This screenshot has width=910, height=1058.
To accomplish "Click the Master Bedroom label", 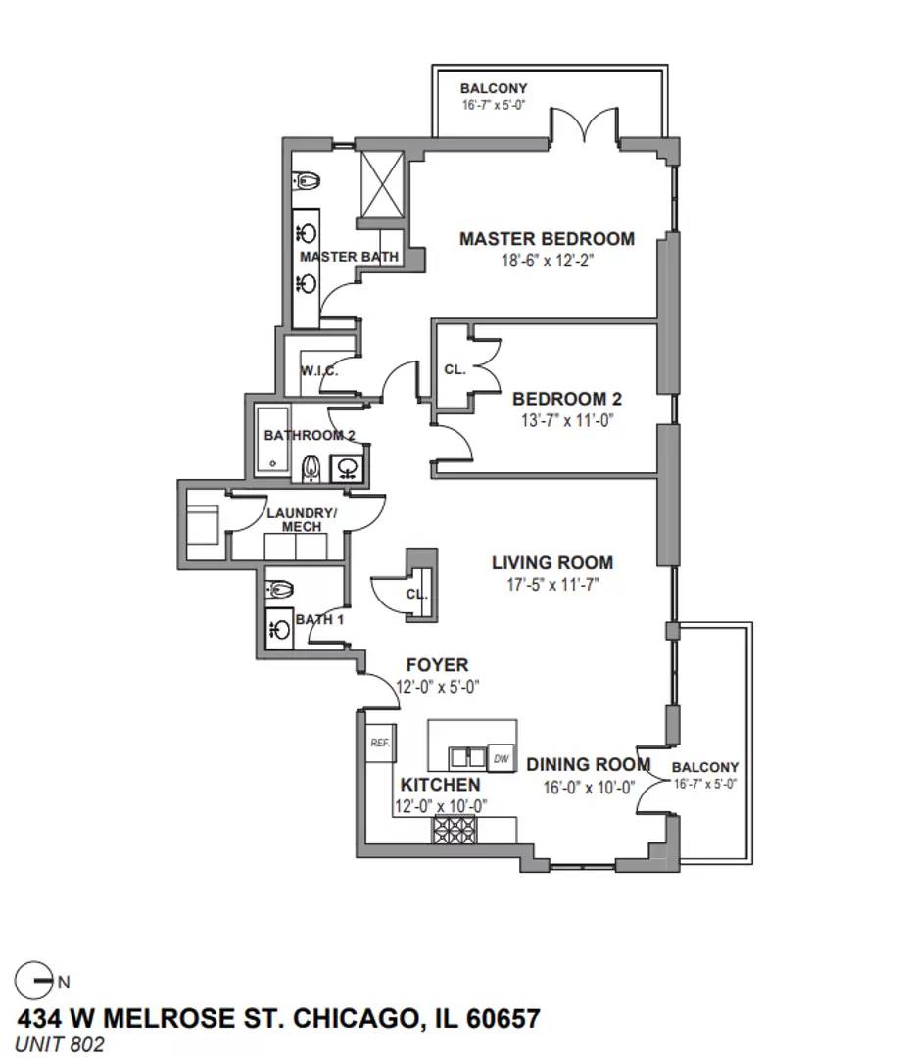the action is pyautogui.click(x=547, y=239).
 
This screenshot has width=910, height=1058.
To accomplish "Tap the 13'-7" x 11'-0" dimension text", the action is pyautogui.click(x=566, y=420).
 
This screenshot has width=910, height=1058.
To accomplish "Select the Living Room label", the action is pyautogui.click(x=552, y=562).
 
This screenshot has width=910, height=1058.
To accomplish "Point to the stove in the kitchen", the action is pyautogui.click(x=454, y=830).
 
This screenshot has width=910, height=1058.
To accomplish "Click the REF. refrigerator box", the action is pyautogui.click(x=380, y=743).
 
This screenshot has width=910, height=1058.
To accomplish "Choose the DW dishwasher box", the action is pyautogui.click(x=502, y=758).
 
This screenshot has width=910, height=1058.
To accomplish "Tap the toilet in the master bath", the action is pyautogui.click(x=306, y=181).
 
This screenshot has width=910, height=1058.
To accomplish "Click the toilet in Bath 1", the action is pyautogui.click(x=279, y=590).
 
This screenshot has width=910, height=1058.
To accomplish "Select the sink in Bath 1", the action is pyautogui.click(x=278, y=629).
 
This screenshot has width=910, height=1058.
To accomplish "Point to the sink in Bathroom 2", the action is pyautogui.click(x=348, y=468).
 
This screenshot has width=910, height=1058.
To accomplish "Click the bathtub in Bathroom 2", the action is pyautogui.click(x=272, y=440).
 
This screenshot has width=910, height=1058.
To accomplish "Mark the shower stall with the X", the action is pyautogui.click(x=382, y=184).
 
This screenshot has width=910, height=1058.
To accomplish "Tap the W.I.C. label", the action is pyautogui.click(x=319, y=371).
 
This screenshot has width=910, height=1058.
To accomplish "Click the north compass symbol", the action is pyautogui.click(x=33, y=981).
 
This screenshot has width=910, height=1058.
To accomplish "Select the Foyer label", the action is pyautogui.click(x=437, y=665).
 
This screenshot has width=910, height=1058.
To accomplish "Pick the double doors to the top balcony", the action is pyautogui.click(x=584, y=124).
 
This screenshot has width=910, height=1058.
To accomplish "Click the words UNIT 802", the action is pyautogui.click(x=60, y=1044).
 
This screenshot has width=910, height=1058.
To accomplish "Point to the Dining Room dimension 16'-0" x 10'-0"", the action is pyautogui.click(x=589, y=788).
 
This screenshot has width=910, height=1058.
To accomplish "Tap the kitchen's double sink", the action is pyautogui.click(x=468, y=757).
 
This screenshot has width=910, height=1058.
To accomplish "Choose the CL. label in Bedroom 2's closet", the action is pyautogui.click(x=455, y=369).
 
